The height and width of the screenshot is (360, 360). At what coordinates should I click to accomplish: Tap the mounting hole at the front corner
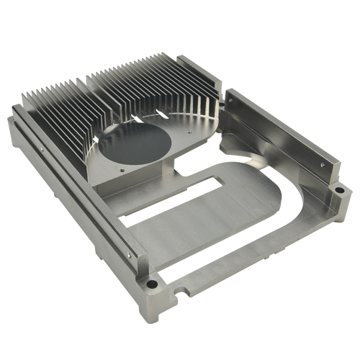tap(151, 284)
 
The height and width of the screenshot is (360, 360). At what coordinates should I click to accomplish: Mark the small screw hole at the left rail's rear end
tap(41, 150)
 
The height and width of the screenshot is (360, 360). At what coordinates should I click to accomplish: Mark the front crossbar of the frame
tap(238, 263)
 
